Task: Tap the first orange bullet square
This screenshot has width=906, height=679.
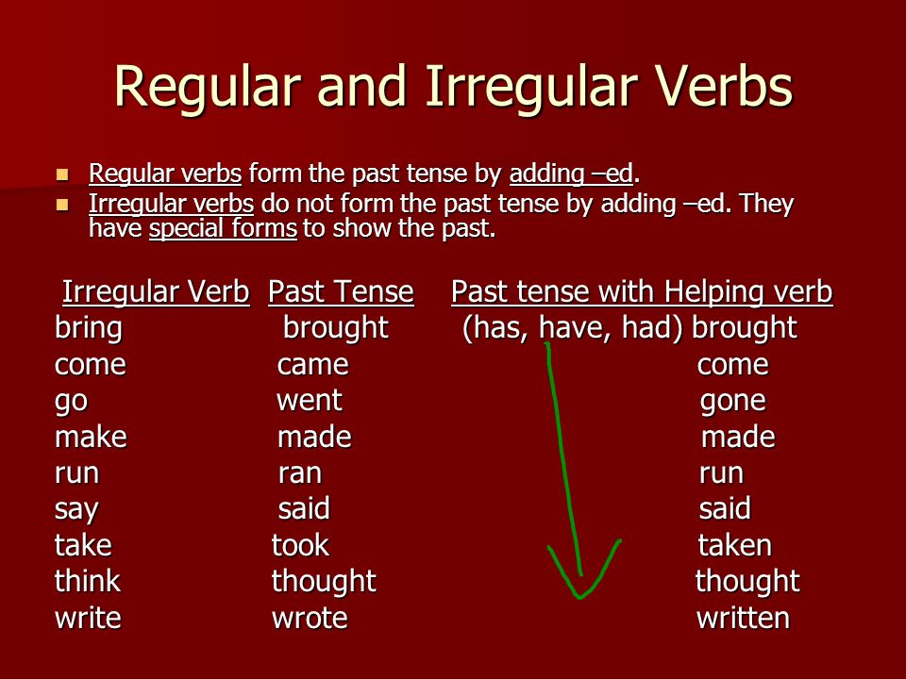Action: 62,174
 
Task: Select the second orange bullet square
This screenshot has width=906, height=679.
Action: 62,205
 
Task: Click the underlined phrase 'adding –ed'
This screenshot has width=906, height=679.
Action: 571,174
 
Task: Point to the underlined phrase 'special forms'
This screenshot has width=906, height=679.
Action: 223,228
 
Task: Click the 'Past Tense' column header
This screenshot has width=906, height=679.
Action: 341,291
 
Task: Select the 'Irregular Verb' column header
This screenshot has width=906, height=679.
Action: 156,291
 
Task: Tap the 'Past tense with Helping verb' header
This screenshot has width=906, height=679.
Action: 642,291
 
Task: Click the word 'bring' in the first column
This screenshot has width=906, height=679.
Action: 89,328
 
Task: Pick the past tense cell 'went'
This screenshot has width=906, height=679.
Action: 310,400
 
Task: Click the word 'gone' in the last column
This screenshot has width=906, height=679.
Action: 732,402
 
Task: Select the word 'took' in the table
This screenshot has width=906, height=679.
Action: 300,545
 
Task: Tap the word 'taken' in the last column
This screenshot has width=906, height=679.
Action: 734,545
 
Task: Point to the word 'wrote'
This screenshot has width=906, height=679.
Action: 310,618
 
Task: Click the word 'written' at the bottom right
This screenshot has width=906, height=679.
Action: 743,618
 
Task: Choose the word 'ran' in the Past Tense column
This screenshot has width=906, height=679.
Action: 299,473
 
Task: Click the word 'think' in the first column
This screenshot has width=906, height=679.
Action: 87,581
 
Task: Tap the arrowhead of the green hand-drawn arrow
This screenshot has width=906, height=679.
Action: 580,595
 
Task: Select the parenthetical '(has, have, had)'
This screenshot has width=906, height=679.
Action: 573,328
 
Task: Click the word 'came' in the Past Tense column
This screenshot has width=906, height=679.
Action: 312,365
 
